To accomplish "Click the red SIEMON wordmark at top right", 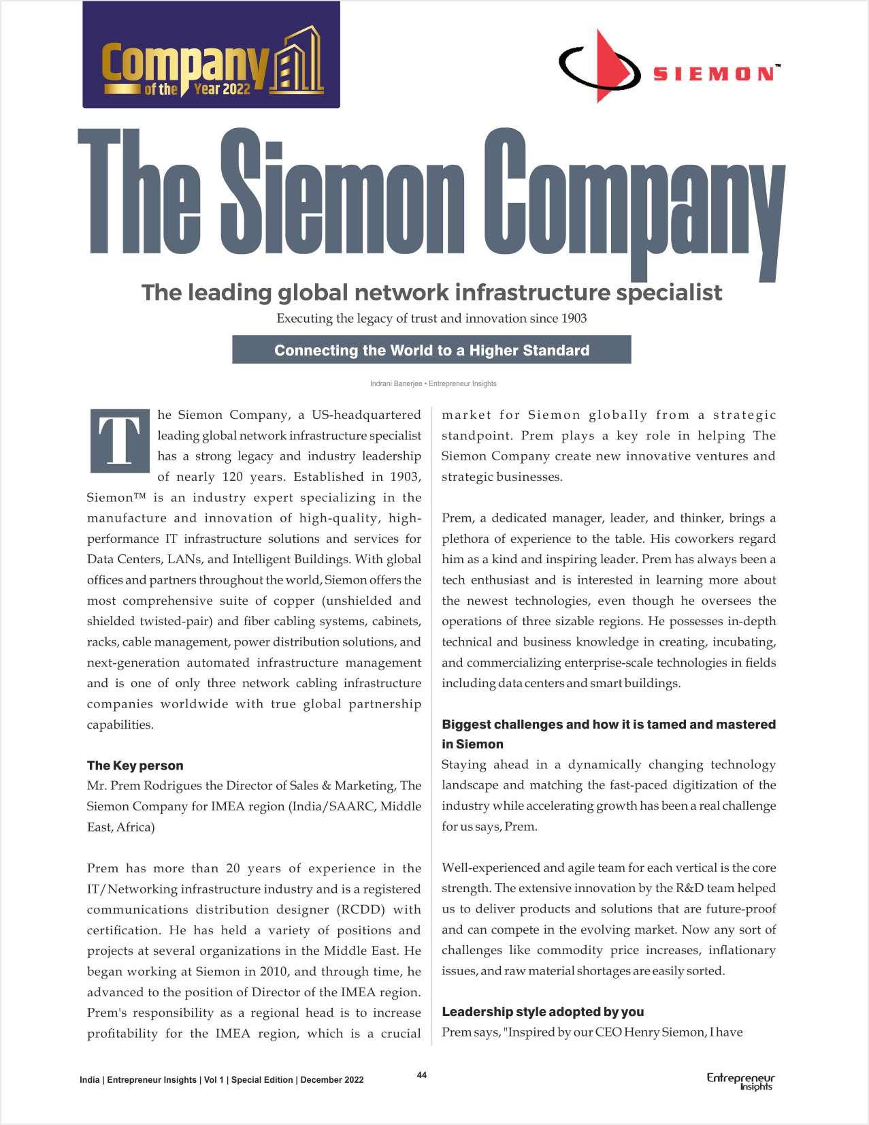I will (712, 74).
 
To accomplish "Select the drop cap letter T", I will (119, 441).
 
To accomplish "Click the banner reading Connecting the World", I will (431, 350).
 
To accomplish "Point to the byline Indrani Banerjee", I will (395, 383).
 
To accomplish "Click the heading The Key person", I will (135, 765).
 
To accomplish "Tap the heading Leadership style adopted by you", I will (542, 1011).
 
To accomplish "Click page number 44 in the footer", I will (422, 1075).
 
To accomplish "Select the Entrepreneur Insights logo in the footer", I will (740, 1081).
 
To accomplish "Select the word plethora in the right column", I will (465, 539).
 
